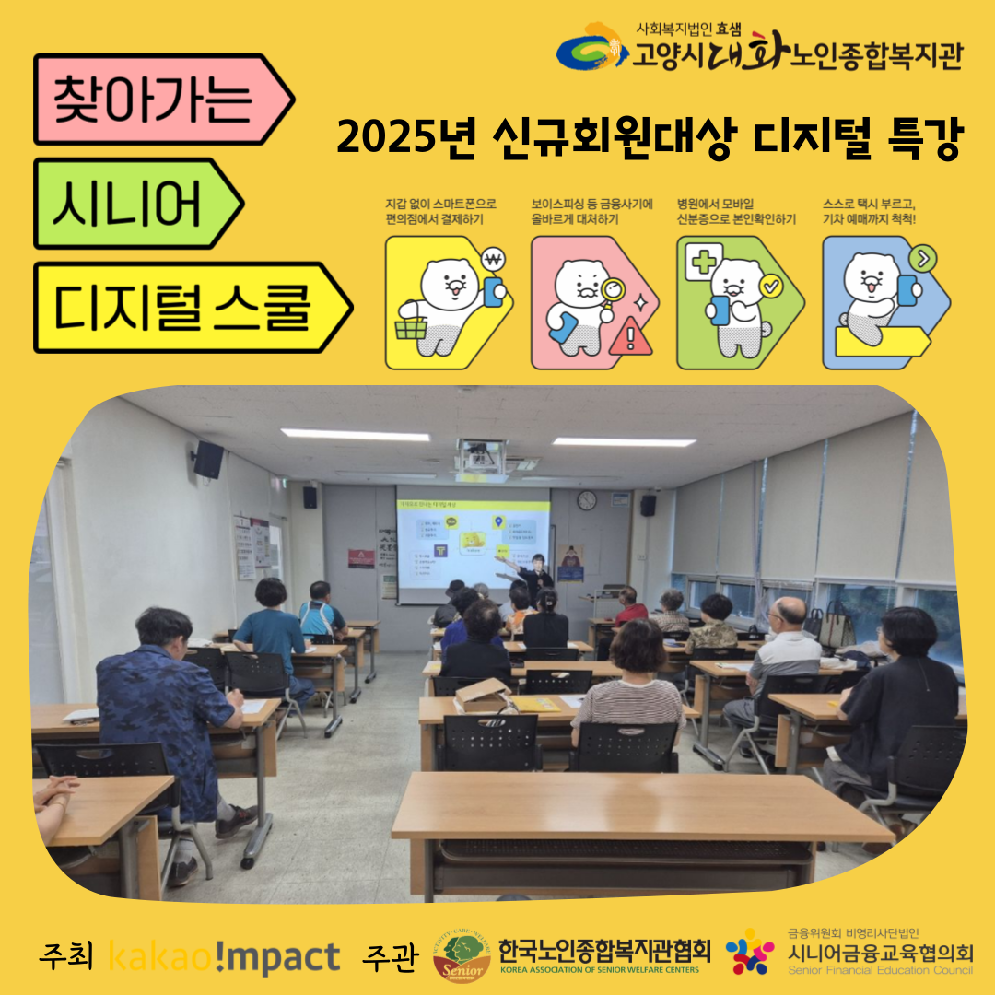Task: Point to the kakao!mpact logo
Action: click(224, 958)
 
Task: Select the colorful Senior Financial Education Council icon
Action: click(750, 952)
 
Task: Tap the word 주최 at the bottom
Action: click(66, 958)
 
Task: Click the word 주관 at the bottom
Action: click(391, 958)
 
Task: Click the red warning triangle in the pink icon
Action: click(630, 336)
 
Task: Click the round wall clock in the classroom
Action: click(587, 500)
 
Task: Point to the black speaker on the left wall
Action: click(208, 459)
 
